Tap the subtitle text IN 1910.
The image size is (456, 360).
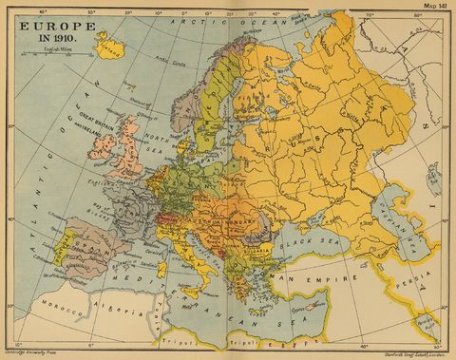pyautogui.click(x=44, y=33)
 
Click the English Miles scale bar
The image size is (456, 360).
pyautogui.click(x=44, y=53)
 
